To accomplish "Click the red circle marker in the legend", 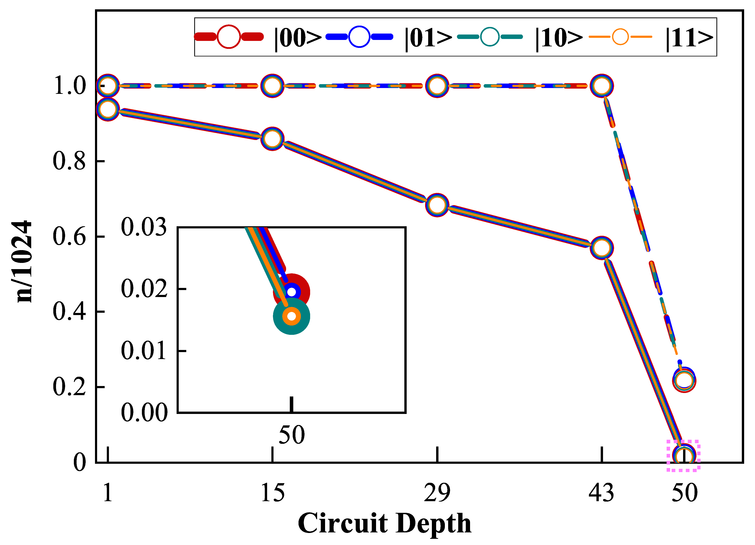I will (229, 37).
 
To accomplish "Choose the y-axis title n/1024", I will (22, 261).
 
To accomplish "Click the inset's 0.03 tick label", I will (144, 227).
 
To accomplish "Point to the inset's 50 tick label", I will (292, 435).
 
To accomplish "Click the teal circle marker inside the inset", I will (292, 316).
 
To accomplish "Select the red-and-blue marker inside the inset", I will (292, 292).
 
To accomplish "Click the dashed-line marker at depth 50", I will (684, 380).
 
